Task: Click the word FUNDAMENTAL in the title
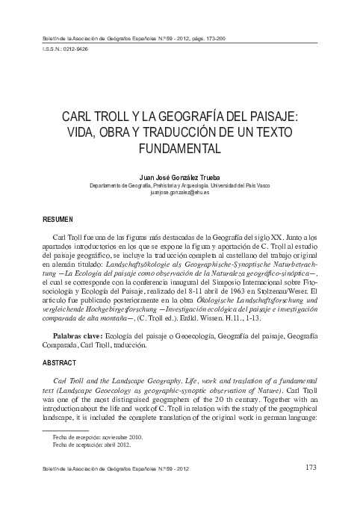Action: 179,148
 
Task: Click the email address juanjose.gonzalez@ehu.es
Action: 179,192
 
